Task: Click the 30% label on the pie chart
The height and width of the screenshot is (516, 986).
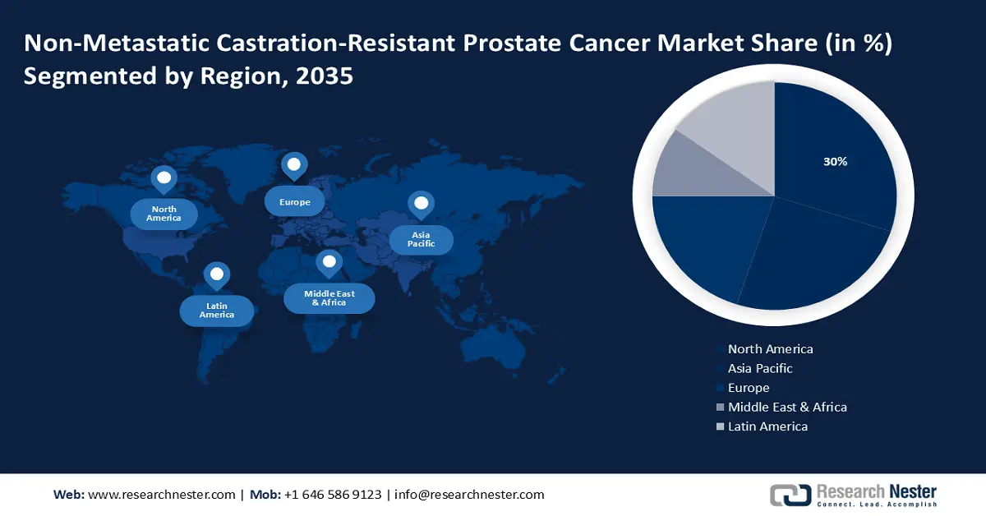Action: click(x=835, y=162)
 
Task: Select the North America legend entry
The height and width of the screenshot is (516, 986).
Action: click(x=770, y=349)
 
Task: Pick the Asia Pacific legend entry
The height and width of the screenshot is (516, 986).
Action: click(x=760, y=368)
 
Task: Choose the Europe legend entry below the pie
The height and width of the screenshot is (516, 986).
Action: click(x=748, y=388)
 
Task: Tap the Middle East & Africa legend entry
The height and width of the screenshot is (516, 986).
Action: click(x=786, y=407)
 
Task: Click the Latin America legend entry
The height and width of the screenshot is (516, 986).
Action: click(x=767, y=426)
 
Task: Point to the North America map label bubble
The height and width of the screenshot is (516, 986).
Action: click(x=164, y=214)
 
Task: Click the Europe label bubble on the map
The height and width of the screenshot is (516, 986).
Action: click(x=293, y=201)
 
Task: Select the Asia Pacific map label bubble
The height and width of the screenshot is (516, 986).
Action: click(x=421, y=239)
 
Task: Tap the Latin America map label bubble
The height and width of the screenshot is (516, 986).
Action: click(x=217, y=311)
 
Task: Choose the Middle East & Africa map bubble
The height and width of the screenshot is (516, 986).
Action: click(x=329, y=297)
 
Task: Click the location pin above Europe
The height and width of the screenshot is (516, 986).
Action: click(x=293, y=165)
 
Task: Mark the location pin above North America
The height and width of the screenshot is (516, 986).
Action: click(x=164, y=178)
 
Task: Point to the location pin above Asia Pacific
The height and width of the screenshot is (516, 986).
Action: click(x=421, y=204)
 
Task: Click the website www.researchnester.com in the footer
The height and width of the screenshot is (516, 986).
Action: click(x=161, y=495)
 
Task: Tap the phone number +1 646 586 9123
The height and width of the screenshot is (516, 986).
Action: click(x=332, y=495)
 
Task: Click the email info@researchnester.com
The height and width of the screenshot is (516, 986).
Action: click(x=469, y=495)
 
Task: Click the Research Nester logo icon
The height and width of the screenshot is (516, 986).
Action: click(x=790, y=495)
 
